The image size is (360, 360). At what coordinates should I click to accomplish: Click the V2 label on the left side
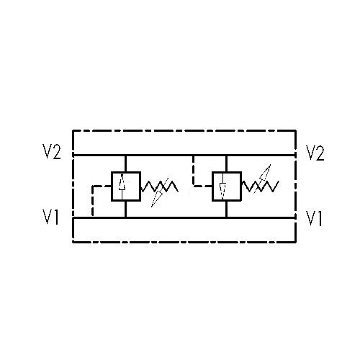pos(52,151)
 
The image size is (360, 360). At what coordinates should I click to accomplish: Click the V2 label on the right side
pos(315,153)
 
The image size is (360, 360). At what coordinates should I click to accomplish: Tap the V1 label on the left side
pos(50,217)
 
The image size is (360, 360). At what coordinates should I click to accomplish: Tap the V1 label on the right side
pos(314,218)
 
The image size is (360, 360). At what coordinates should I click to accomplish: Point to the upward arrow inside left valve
pos(122,186)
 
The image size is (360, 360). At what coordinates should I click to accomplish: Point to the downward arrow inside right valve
pos(223,186)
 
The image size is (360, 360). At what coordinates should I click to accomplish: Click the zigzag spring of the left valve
pos(160,186)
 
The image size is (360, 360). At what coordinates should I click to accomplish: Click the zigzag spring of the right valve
pos(260,186)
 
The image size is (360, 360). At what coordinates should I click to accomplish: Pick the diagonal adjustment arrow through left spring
pos(160,192)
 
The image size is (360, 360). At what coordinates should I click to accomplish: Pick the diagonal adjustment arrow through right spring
pos(262,179)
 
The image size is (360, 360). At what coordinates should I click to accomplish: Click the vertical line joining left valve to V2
pos(125,163)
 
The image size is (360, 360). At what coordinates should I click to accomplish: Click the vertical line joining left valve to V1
pos(125,209)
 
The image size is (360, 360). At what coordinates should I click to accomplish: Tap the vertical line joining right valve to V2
pos(226,163)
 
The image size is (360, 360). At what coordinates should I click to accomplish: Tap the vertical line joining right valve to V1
pos(226,209)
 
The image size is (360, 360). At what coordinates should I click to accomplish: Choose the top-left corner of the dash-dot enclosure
pos(73,130)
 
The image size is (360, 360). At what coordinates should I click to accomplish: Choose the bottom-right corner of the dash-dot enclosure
pos(296,242)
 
